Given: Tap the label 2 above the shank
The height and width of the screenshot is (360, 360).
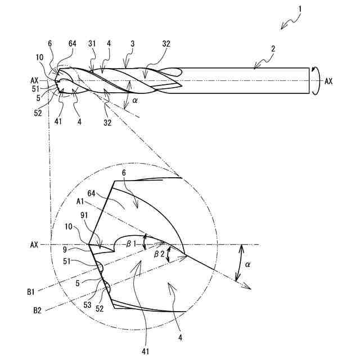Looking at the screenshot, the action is [272, 49].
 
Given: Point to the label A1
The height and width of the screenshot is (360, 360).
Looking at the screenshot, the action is [80, 200].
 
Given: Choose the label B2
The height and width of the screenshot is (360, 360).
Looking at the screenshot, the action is [38, 310].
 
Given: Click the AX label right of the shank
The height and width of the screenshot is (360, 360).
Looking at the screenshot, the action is [328, 81].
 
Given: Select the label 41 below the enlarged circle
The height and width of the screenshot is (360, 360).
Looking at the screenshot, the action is [147, 351].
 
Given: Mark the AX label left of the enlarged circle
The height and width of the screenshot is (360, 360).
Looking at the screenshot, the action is [34, 245].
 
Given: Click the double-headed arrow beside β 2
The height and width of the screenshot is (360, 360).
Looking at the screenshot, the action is [167, 256].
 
